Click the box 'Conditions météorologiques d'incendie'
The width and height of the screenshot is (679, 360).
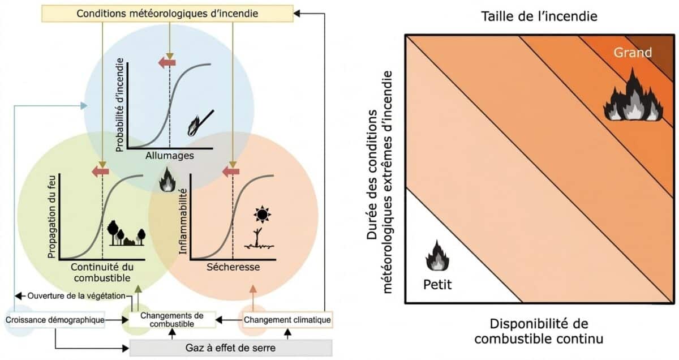tap(167, 14)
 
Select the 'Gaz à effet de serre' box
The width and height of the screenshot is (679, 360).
tap(231, 348)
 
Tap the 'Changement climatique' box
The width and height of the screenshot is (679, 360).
tap(287, 320)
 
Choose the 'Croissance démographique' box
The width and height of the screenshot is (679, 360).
tap(55, 320)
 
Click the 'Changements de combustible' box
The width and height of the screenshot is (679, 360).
tap(172, 320)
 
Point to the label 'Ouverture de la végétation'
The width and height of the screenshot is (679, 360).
tap(76, 296)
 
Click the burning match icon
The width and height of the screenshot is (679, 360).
tap(201, 123)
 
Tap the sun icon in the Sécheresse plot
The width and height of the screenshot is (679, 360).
tap(262, 215)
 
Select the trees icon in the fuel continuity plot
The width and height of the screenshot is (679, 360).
tap(126, 233)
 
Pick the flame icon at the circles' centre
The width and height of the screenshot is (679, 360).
tap(167, 179)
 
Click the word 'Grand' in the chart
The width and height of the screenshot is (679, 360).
tap(633, 53)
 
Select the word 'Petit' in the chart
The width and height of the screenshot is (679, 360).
tap(437, 285)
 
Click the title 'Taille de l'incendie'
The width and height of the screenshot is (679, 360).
tap(539, 16)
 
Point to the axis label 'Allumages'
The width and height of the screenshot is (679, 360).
tap(170, 156)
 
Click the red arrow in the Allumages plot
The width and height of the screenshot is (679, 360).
tap(167, 63)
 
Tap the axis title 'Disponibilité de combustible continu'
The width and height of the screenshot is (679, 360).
tap(539, 331)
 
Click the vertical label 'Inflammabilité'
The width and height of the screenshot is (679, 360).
tap(183, 221)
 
